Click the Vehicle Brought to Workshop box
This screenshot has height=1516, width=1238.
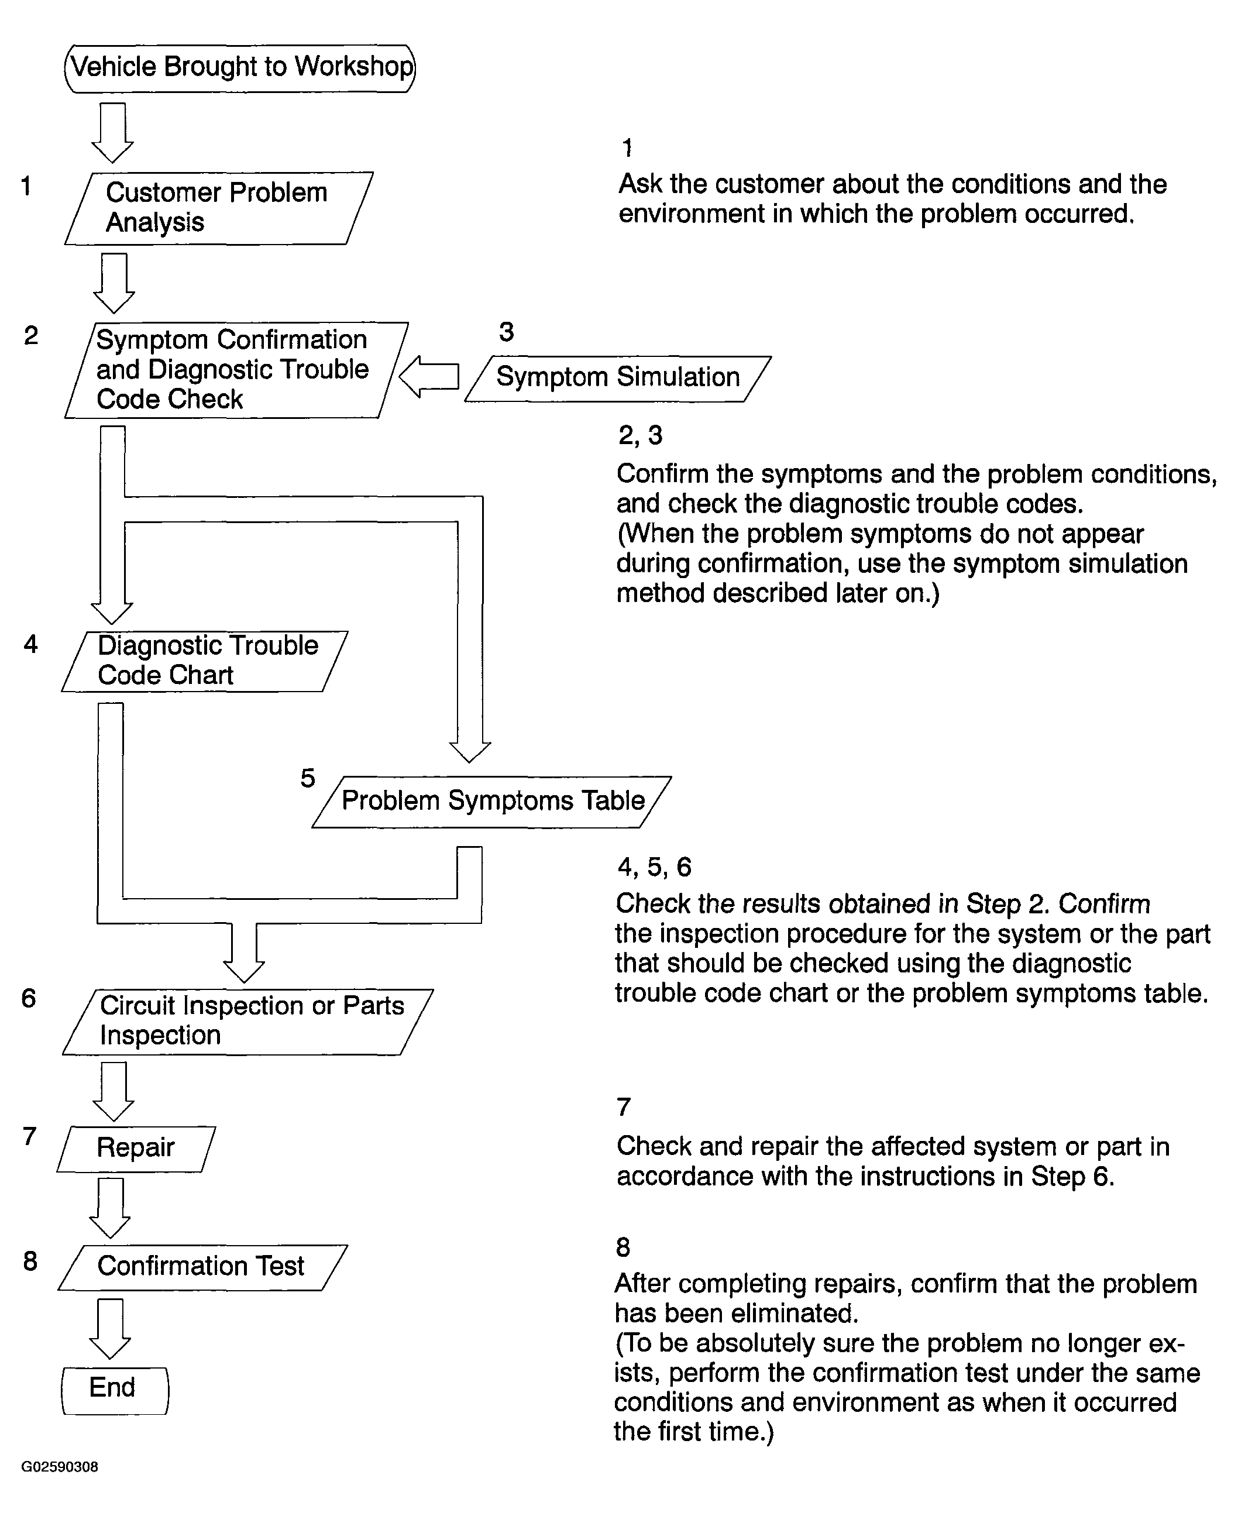tap(240, 68)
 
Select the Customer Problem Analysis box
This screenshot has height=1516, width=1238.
tap(218, 208)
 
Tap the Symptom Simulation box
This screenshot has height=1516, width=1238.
tap(618, 378)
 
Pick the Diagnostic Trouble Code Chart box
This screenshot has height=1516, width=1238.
tap(205, 661)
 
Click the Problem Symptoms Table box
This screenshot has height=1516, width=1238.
tap(492, 802)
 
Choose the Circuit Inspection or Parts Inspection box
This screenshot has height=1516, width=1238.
tap(248, 1021)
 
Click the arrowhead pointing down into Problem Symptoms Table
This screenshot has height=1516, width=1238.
tap(469, 752)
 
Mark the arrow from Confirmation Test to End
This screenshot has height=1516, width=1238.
tap(110, 1328)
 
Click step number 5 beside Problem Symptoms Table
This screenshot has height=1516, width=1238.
tap(307, 778)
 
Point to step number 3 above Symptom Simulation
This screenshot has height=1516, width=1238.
tap(506, 332)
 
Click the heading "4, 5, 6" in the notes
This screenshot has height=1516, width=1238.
tap(654, 867)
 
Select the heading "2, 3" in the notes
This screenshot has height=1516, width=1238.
tap(639, 435)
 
